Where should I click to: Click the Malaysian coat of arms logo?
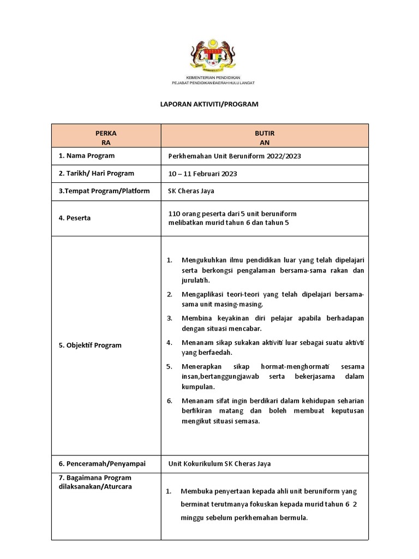coord(213,56)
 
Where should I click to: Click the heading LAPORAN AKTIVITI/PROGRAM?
coord(209,104)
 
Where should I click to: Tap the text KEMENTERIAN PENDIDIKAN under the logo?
coord(213,78)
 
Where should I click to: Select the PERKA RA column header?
coord(106,137)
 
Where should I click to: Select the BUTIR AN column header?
coord(265,137)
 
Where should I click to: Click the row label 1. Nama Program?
coord(87,156)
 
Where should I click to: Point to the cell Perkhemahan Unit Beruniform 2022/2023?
coord(235,156)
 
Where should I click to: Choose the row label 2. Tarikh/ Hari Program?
coord(97,174)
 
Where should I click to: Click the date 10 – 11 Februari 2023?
coord(203,174)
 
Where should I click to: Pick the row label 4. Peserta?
coord(75,218)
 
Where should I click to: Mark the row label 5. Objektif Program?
coord(90,345)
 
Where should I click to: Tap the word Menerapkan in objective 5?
coord(201,366)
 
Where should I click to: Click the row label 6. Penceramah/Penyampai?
coord(102,463)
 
